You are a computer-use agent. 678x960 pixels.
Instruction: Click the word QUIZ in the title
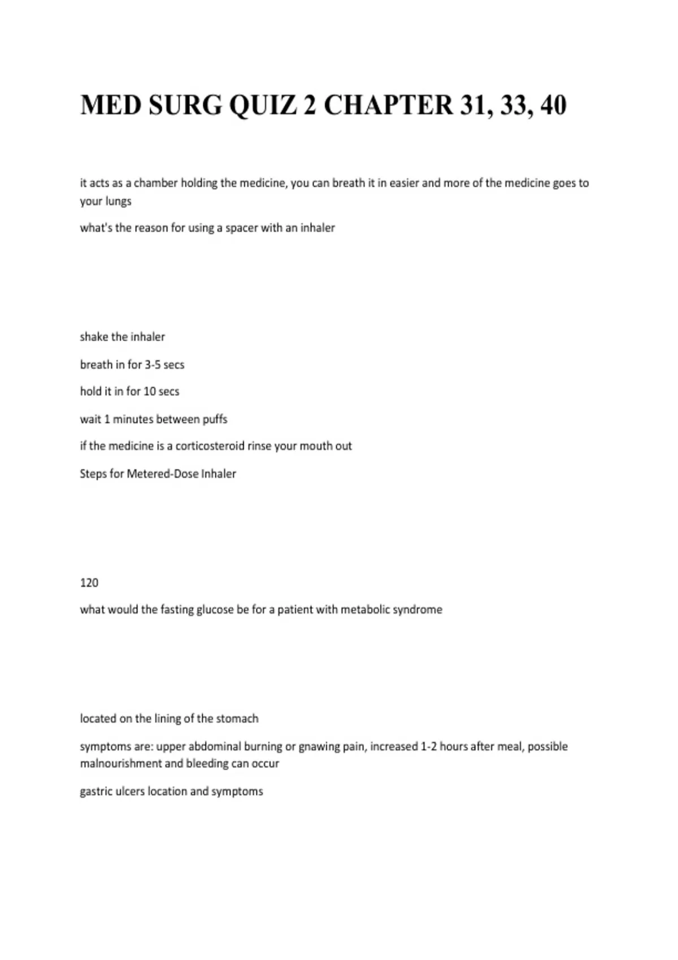[x=262, y=105]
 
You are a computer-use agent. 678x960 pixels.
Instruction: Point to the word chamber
[x=155, y=183]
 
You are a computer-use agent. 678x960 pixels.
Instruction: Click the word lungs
[x=118, y=201]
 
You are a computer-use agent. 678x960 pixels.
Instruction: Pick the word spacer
[x=241, y=228]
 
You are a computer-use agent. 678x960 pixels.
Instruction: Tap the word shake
[x=94, y=337]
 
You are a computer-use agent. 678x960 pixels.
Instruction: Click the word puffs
[x=215, y=419]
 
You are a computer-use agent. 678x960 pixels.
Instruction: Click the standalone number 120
[x=89, y=583]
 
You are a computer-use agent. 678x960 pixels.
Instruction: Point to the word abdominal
[x=214, y=747]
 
